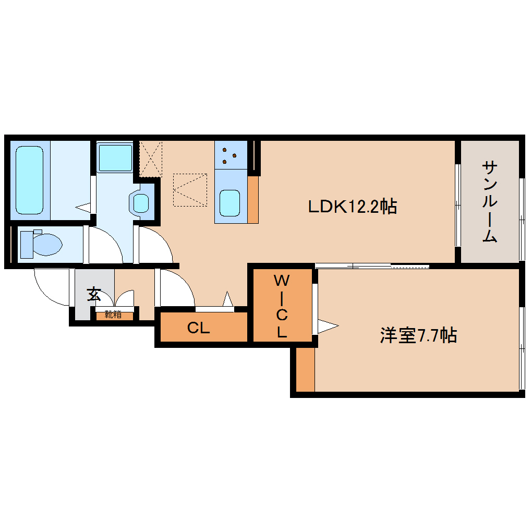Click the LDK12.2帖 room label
click(x=353, y=207)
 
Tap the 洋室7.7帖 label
click(x=418, y=335)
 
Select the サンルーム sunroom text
click(x=489, y=202)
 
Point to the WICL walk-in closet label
click(x=282, y=306)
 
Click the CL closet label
click(x=199, y=328)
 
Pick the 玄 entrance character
click(x=94, y=294)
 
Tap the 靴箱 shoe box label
click(x=113, y=315)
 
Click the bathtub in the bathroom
click(x=29, y=180)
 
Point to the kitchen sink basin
click(x=229, y=202)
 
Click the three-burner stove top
click(x=229, y=154)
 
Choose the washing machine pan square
click(x=115, y=156)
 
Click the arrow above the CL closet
click(x=227, y=300)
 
